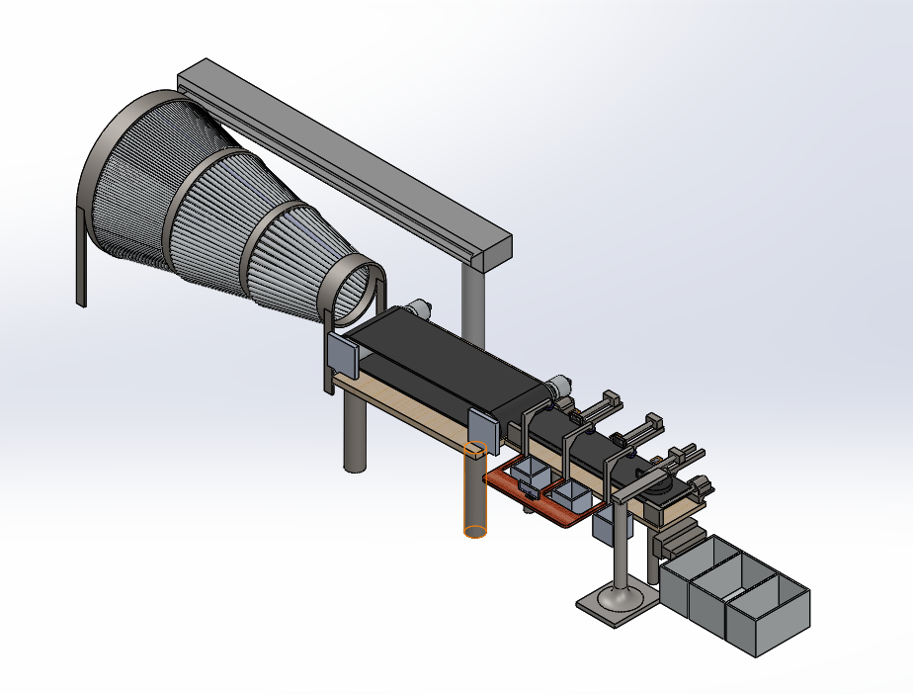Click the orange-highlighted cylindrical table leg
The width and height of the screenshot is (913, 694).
point(475,494)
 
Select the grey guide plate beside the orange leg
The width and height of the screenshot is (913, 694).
point(480,427)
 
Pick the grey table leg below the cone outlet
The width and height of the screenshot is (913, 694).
point(354,435)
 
